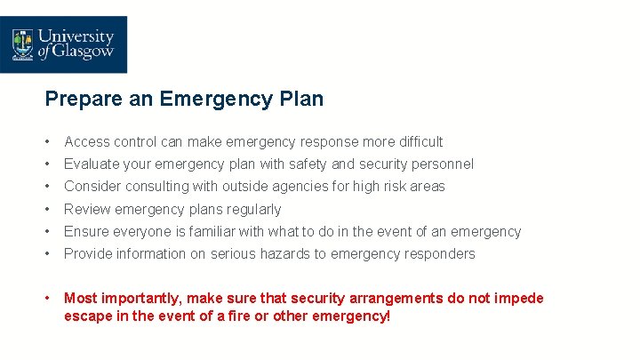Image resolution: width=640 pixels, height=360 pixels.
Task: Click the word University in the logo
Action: click(x=76, y=36)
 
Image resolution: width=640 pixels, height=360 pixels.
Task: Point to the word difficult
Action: click(x=415, y=141)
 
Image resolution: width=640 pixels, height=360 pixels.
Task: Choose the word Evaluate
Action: click(x=91, y=164)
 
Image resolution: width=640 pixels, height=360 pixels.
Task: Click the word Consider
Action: click(x=92, y=187)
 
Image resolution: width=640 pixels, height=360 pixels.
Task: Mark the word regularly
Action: click(x=253, y=210)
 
